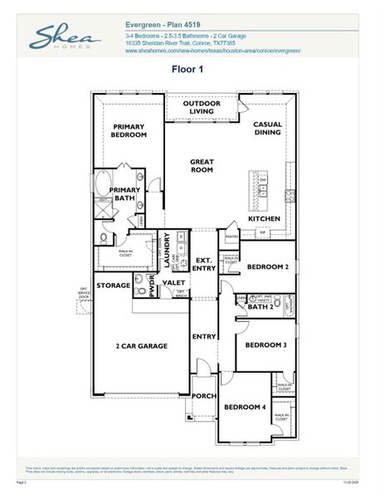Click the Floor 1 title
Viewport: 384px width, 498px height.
point(187,69)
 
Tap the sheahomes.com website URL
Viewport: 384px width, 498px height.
point(212,51)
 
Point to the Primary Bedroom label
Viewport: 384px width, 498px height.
point(129,130)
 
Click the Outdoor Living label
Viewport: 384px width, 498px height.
point(202,107)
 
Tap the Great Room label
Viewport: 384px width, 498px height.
point(202,165)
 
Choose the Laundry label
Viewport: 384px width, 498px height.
point(166,249)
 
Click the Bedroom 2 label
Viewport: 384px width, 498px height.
point(267,266)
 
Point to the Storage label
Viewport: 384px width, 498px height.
point(113,286)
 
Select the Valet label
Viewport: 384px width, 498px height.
point(174,283)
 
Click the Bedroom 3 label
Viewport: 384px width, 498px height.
point(267,344)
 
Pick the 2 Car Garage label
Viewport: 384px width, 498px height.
point(141,346)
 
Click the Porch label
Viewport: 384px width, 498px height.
point(204,396)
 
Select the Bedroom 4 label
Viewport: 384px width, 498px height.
point(245,407)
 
